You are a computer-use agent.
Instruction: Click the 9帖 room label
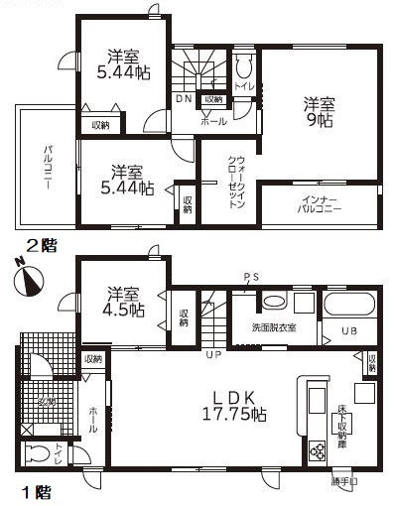318,113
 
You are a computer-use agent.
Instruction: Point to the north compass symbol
26,279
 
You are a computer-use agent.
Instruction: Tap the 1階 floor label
36,490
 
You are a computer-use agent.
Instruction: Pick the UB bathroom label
350,331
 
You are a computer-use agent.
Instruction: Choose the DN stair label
185,99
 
